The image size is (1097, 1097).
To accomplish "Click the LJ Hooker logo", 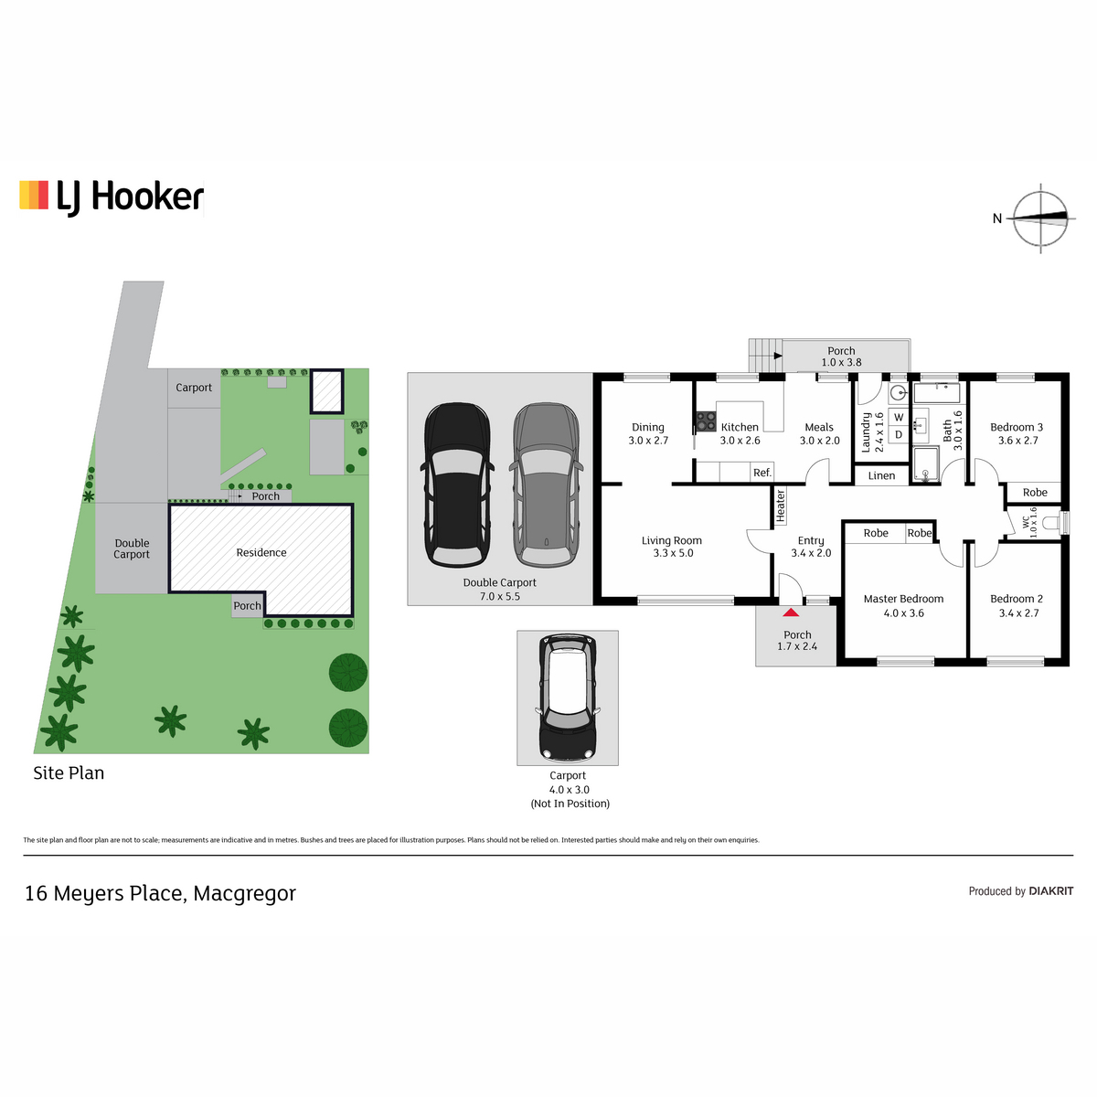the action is coord(112,197).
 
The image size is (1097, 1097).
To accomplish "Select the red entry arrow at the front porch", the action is coord(790,612).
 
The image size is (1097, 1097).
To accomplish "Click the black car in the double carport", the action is coord(457,485).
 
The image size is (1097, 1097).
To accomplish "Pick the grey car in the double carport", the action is coord(546,485).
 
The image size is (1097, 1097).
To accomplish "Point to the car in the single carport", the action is coord(567,698).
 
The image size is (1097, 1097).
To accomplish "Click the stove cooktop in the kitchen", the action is coord(706,421).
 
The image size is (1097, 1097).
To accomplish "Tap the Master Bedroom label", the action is coord(903,598).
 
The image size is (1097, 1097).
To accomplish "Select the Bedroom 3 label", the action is coord(1017,427).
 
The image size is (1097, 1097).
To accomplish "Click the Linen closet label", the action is coord(881,475).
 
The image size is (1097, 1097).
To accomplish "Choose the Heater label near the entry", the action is coord(780,506).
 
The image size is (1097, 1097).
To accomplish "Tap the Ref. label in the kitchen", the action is coord(762,473).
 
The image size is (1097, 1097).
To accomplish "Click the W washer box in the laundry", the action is coord(899,417).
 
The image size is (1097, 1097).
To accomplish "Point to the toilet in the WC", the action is coord(1061,522).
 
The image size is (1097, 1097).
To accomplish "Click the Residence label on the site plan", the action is coord(261,552).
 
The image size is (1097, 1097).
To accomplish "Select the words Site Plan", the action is coord(69,772).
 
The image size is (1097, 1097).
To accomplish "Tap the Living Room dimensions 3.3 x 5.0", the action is coord(673,553).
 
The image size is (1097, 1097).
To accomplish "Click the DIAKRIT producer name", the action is coord(1051,891).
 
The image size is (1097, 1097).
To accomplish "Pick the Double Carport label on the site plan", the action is coord(132,548).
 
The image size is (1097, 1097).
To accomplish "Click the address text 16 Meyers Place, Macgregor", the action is coord(160,893).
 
